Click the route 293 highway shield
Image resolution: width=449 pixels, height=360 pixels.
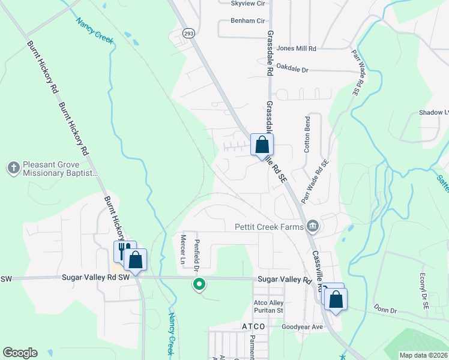point(189,33)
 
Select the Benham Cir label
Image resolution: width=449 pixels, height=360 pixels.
point(248,20)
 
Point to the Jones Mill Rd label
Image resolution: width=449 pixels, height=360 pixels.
point(297,47)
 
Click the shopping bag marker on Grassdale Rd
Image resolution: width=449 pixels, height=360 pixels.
point(262,145)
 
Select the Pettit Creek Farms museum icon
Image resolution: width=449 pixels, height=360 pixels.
point(312,227)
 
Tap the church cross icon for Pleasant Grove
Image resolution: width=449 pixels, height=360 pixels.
point(14,167)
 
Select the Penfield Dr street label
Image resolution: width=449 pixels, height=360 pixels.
point(196,254)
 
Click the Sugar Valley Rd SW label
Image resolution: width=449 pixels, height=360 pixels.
point(96,278)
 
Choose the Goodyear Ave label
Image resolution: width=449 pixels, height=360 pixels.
point(303,327)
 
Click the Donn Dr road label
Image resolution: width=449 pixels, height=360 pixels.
point(385,311)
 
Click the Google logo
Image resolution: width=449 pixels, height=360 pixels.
point(20,353)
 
